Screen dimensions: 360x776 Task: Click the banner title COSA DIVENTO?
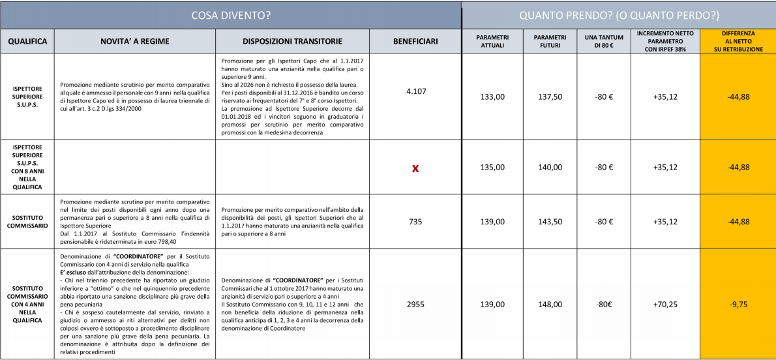tap(231, 14)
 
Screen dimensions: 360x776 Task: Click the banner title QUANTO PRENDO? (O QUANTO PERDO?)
tap(618, 14)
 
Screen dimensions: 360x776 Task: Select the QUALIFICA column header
tap(27, 41)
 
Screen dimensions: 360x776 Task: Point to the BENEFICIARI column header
tap(415, 41)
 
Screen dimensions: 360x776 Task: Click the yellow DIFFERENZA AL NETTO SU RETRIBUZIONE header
tap(738, 40)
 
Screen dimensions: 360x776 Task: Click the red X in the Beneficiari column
tap(415, 168)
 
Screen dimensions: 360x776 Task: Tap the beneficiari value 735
tap(415, 222)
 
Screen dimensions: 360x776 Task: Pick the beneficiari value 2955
tap(415, 304)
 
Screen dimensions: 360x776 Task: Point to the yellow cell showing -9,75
tap(738, 304)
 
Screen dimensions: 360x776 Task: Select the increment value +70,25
tap(665, 304)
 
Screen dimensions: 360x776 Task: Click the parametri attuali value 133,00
tap(492, 97)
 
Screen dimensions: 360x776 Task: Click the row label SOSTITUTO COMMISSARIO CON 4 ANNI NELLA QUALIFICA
tap(27, 304)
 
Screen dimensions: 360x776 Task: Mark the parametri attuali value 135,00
tap(492, 168)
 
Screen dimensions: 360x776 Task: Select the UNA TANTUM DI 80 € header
tap(604, 40)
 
